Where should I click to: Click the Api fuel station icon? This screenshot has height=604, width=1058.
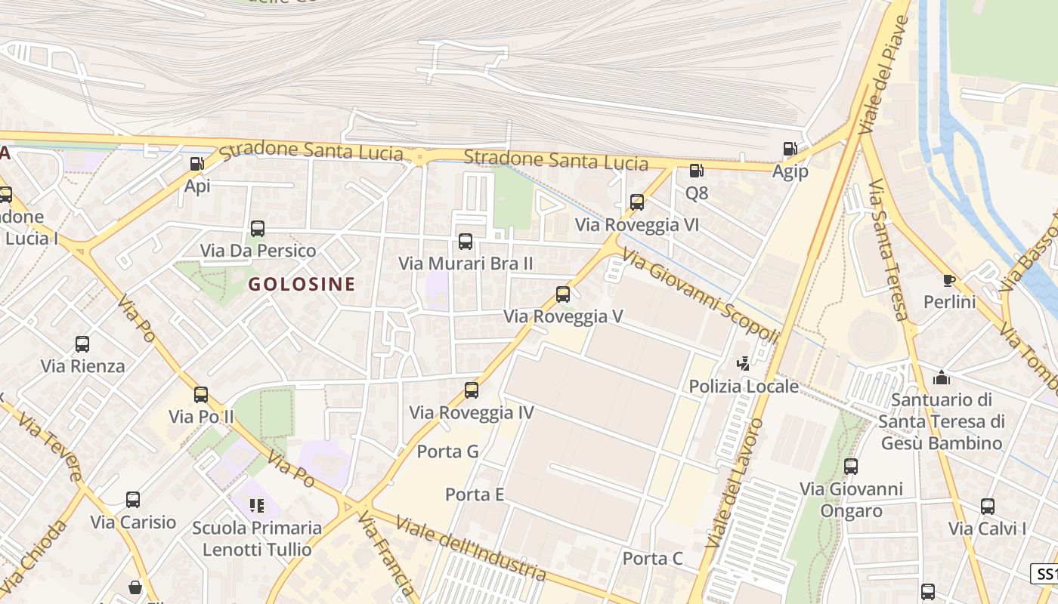pyautogui.click(x=196, y=163)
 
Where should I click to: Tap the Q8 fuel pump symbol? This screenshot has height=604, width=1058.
pyautogui.click(x=696, y=171)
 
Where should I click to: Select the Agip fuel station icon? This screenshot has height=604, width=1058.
pyautogui.click(x=790, y=149)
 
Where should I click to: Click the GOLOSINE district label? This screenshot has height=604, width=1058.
pyautogui.click(x=302, y=284)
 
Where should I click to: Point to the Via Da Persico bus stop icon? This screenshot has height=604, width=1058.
pyautogui.click(x=258, y=228)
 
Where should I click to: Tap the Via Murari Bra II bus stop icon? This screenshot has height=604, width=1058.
pyautogui.click(x=466, y=242)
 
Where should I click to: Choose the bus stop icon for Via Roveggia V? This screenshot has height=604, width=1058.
pyautogui.click(x=563, y=294)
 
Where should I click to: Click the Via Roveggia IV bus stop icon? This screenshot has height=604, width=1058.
pyautogui.click(x=472, y=390)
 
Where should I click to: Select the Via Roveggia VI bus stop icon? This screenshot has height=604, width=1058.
pyautogui.click(x=637, y=202)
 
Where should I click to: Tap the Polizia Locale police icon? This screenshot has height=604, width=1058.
pyautogui.click(x=744, y=364)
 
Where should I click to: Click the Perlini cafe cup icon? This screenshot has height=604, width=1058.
pyautogui.click(x=949, y=281)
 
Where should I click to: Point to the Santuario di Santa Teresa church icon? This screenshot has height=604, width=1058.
pyautogui.click(x=942, y=377)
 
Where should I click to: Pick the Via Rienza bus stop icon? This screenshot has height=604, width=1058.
pyautogui.click(x=82, y=344)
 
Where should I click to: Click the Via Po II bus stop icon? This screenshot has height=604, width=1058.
pyautogui.click(x=201, y=395)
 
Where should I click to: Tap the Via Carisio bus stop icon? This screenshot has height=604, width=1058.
pyautogui.click(x=133, y=500)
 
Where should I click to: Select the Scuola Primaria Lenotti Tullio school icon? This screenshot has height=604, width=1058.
pyautogui.click(x=257, y=505)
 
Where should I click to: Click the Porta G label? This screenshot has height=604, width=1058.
pyautogui.click(x=448, y=451)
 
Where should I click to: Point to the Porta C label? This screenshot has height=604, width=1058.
pyautogui.click(x=652, y=559)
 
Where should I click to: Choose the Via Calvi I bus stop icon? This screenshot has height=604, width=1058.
pyautogui.click(x=987, y=507)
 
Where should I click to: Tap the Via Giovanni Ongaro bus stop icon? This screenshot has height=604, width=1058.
pyautogui.click(x=851, y=467)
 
